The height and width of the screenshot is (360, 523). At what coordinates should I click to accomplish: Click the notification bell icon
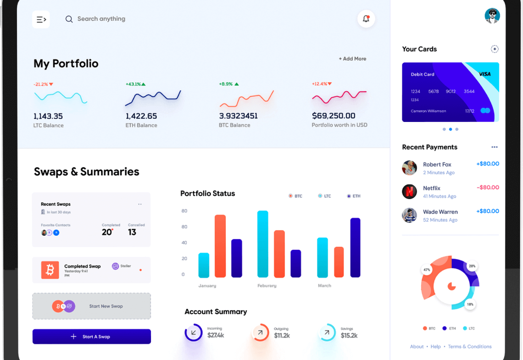pos(366,19)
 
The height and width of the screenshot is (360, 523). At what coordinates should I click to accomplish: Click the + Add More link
pos(352,59)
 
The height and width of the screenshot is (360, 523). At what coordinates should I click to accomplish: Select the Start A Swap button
pos(92,337)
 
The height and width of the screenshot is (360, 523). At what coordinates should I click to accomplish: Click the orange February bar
pos(279,254)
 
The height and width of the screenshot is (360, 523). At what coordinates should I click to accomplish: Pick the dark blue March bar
pos(355,248)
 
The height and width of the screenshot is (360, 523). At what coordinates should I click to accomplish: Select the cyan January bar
pos(204,265)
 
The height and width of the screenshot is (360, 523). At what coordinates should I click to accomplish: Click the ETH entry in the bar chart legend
pos(354,196)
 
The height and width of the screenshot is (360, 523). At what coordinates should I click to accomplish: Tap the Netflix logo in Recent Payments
pos(409,191)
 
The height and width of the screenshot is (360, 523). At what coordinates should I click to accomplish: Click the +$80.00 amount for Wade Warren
pos(487,211)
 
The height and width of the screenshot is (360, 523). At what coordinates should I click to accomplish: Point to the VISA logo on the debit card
pos(484,74)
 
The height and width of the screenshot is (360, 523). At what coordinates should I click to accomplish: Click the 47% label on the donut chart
pos(427,270)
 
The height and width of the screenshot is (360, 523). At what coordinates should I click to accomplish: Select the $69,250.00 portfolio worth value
pos(334,116)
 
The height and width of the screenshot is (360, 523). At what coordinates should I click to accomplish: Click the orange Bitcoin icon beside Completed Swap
pos(50,270)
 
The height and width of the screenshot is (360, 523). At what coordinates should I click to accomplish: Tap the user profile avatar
pos(492,16)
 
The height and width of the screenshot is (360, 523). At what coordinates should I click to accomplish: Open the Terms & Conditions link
pos(469,347)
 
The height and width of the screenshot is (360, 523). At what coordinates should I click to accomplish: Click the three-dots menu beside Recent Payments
pos(494,147)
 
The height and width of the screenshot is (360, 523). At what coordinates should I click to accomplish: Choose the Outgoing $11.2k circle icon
pos(261,332)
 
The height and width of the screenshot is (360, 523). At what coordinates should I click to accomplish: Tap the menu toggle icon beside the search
pos(41,19)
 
